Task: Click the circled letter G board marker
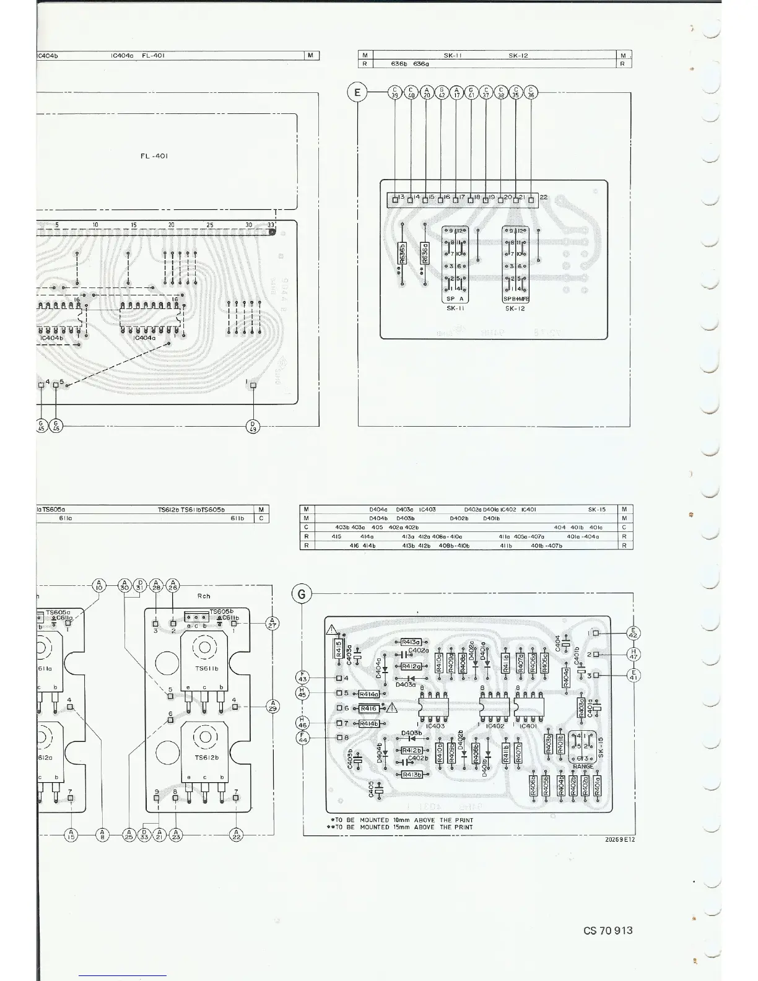click(x=302, y=594)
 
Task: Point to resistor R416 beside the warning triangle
click(x=368, y=708)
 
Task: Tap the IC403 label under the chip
click(x=435, y=726)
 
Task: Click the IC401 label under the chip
click(x=528, y=726)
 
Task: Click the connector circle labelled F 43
click(x=303, y=678)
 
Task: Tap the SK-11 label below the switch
click(x=455, y=308)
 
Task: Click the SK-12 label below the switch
click(x=515, y=308)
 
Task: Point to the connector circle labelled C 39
click(x=395, y=93)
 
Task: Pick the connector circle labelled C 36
click(x=531, y=93)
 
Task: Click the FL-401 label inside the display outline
click(x=154, y=156)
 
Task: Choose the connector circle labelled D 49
click(x=253, y=426)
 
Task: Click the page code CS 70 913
click(x=608, y=930)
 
